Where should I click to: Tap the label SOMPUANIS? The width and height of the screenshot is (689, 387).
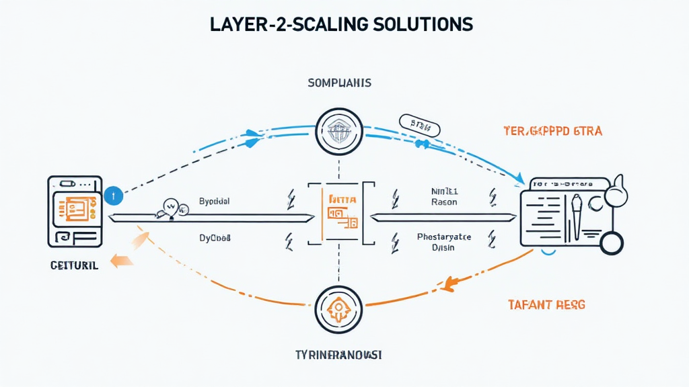point(339,83)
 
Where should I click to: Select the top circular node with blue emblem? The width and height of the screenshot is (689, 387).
point(339,130)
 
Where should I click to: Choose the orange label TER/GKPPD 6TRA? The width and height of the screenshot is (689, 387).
point(552,131)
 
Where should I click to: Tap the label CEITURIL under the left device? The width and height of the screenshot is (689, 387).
point(74,265)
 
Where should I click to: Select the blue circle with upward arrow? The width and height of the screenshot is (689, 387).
point(114,196)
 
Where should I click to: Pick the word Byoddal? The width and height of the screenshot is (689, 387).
point(214,201)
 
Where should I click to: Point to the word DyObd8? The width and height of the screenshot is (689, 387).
point(215,238)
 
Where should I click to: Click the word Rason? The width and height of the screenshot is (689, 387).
point(443,202)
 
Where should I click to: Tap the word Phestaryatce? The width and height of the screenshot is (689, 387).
point(444,236)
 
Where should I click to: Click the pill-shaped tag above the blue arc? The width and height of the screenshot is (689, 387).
point(418,124)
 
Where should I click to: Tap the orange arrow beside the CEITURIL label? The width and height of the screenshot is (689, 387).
point(121,261)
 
